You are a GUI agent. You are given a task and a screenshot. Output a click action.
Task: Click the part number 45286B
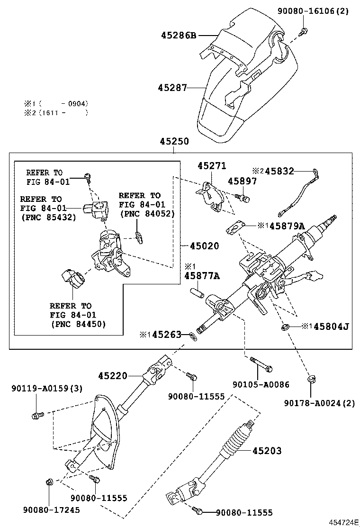coord(179,36)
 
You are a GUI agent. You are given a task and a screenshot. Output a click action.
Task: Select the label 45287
coord(172,87)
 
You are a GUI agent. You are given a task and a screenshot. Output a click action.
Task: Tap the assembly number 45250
coord(174,141)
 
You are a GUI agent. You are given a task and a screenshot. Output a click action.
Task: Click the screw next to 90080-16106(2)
coord(303,31)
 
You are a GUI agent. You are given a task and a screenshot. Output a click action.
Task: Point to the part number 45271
coord(212,166)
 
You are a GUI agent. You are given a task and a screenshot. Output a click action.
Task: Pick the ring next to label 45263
coord(192,336)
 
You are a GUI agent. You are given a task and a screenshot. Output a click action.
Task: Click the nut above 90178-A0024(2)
coord(311,379)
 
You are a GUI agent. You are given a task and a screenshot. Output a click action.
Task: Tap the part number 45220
coord(113,376)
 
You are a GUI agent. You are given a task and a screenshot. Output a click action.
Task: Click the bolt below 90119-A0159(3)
coord(36,416)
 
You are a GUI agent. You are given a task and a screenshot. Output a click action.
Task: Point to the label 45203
coord(267,451)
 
